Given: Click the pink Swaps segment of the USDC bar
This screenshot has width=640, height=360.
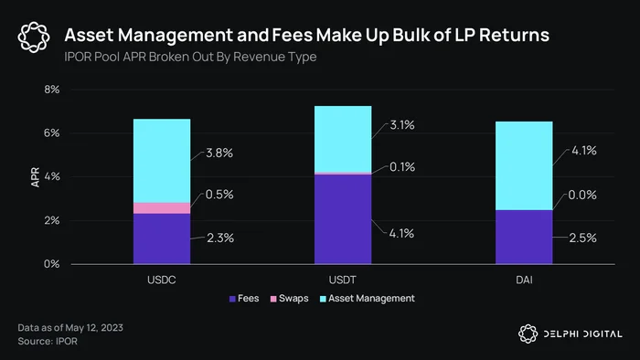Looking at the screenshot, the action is click(x=162, y=208).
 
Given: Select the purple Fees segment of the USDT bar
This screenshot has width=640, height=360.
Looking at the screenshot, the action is click(x=343, y=219).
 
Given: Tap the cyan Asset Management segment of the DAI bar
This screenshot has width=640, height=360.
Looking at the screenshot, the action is click(x=524, y=166).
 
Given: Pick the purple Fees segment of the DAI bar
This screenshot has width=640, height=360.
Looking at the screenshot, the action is click(x=524, y=237).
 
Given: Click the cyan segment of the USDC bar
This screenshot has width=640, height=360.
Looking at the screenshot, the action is click(x=162, y=161).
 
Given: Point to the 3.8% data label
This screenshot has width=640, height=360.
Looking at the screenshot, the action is click(x=219, y=153).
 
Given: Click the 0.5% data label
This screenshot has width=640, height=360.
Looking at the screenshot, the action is click(x=219, y=195).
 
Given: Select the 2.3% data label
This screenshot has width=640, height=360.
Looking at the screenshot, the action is click(x=220, y=238).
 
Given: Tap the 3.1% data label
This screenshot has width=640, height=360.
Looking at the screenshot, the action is click(x=402, y=125).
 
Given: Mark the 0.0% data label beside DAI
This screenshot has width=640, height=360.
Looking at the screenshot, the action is click(x=582, y=195).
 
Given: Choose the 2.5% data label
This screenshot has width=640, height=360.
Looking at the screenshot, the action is click(x=583, y=238).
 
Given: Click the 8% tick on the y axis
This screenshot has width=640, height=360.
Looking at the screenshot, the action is click(x=52, y=90).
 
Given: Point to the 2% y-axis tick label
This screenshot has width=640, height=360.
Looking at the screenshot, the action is click(x=52, y=220).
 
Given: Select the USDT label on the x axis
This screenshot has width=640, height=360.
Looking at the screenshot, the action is click(x=343, y=281).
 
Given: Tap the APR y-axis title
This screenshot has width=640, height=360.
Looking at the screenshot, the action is click(x=36, y=177).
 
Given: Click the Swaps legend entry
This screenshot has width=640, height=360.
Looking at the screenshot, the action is click(x=290, y=299).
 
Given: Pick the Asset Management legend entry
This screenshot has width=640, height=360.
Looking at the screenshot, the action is click(x=368, y=299).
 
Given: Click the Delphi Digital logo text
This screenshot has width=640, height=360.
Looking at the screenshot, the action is click(x=583, y=334).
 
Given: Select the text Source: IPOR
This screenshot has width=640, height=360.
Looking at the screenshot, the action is click(x=48, y=341).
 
